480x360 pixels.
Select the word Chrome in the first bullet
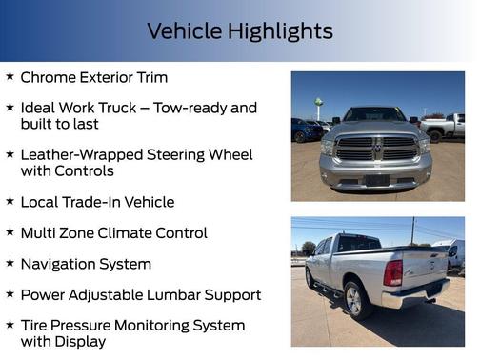point(49,77)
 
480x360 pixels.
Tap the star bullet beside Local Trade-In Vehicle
point(10,202)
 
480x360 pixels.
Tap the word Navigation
point(63,264)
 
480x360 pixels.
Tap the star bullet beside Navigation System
point(10,264)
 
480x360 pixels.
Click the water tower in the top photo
point(318,106)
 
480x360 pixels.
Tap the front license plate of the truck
point(377,178)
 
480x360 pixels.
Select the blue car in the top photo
point(305,130)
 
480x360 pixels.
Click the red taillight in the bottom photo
point(392,272)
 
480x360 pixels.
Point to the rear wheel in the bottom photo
point(356,300)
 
